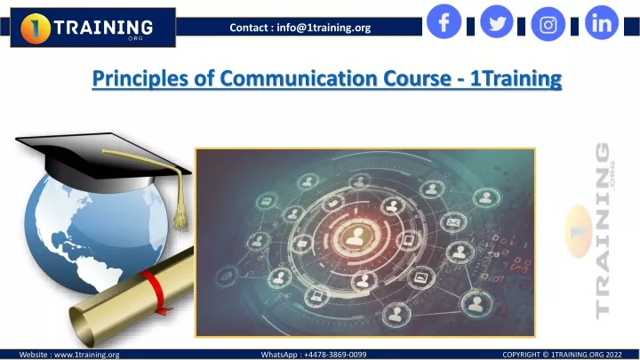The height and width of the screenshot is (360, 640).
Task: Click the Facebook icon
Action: (x=444, y=21)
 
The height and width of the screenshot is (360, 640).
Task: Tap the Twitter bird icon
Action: (x=497, y=21)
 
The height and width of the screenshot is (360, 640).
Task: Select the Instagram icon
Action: (x=548, y=25)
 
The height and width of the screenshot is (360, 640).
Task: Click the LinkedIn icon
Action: (x=602, y=23)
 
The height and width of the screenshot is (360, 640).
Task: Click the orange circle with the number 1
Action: (x=35, y=28)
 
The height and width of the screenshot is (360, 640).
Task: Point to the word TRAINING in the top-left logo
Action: (x=104, y=28)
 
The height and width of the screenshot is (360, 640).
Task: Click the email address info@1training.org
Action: (x=324, y=28)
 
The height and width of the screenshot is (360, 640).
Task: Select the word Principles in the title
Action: (x=140, y=79)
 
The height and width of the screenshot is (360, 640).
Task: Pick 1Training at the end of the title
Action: (x=516, y=78)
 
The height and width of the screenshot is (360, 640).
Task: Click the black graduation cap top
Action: (x=102, y=155)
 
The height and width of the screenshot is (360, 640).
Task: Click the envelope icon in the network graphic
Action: (x=452, y=222)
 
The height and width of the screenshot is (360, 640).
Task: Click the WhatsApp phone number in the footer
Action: (x=335, y=355)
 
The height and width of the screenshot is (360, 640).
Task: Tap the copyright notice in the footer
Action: (x=562, y=355)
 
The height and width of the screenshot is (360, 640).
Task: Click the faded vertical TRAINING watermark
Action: (x=603, y=230)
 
